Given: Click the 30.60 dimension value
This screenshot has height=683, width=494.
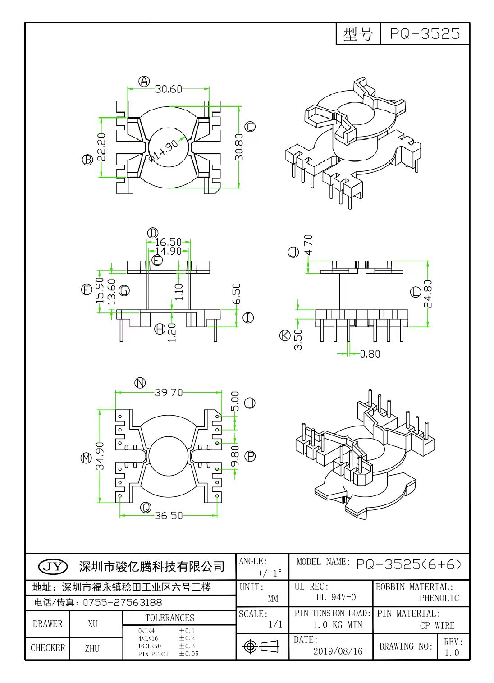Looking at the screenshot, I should pyautogui.click(x=169, y=89).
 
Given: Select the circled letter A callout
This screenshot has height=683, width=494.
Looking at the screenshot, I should pyautogui.click(x=144, y=81).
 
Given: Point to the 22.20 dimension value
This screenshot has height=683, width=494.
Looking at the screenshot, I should pyautogui.click(x=101, y=147).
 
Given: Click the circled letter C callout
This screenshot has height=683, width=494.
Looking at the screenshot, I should pyautogui.click(x=250, y=127).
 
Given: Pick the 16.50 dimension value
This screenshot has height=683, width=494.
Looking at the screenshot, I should pyautogui.click(x=168, y=242).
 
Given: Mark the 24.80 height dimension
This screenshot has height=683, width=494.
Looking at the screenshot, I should pyautogui.click(x=428, y=293).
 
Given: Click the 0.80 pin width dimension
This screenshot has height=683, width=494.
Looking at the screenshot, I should pyautogui.click(x=370, y=354).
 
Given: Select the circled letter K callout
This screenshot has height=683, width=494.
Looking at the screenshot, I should pyautogui.click(x=285, y=335).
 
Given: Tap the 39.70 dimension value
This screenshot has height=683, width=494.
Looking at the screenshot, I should pyautogui.click(x=169, y=393).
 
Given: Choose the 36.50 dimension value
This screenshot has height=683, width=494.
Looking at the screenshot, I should pyautogui.click(x=169, y=515).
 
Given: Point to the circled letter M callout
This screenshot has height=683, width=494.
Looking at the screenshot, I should pyautogui.click(x=86, y=458).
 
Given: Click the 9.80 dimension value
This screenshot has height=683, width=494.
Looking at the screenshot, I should pyautogui.click(x=235, y=456).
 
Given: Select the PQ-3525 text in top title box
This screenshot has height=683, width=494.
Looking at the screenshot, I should pyautogui.click(x=425, y=34).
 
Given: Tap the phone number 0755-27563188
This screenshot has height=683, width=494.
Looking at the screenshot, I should pyautogui.click(x=122, y=602).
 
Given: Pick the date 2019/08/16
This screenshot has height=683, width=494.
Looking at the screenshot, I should pyautogui.click(x=338, y=651).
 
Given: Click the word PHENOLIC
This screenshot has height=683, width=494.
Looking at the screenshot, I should pyautogui.click(x=439, y=598).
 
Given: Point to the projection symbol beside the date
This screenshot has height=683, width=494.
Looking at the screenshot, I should pyautogui.click(x=261, y=646).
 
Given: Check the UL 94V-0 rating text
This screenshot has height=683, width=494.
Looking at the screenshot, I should pyautogui.click(x=336, y=597).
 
